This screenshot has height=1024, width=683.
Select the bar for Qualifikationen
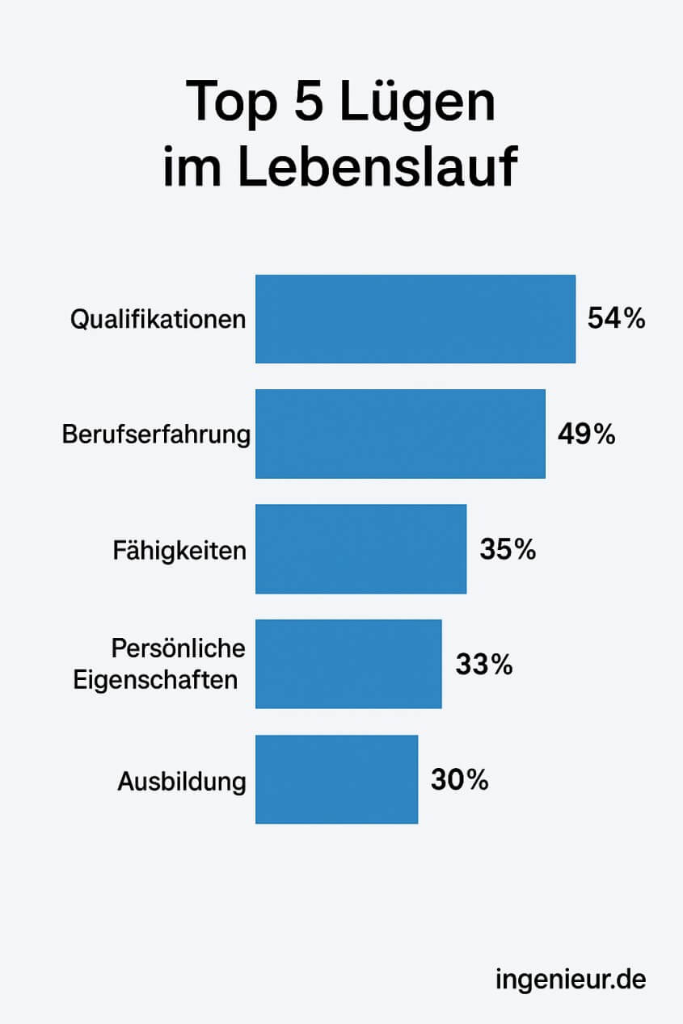tap(415, 319)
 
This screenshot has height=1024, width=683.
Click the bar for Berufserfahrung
tap(400, 434)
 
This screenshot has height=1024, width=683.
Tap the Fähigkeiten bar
tap(360, 549)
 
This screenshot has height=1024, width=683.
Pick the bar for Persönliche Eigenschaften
tap(348, 664)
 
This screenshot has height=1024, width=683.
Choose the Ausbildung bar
tap(336, 779)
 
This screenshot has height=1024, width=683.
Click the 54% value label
tap(616, 319)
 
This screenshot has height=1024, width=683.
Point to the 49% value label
tap(586, 434)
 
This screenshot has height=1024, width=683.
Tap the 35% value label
tap(508, 550)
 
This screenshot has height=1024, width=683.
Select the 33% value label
tap(483, 665)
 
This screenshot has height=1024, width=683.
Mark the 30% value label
tap(459, 780)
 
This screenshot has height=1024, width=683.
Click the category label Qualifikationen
tap(158, 320)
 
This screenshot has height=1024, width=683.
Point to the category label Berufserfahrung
tap(156, 434)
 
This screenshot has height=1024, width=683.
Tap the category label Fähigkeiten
tap(179, 551)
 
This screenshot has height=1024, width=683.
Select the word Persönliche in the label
tap(178, 648)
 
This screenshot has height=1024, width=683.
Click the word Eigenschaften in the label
tap(155, 680)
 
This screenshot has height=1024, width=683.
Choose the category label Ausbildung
tap(181, 782)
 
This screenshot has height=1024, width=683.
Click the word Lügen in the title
tap(416, 103)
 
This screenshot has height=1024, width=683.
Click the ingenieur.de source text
tap(571, 980)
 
